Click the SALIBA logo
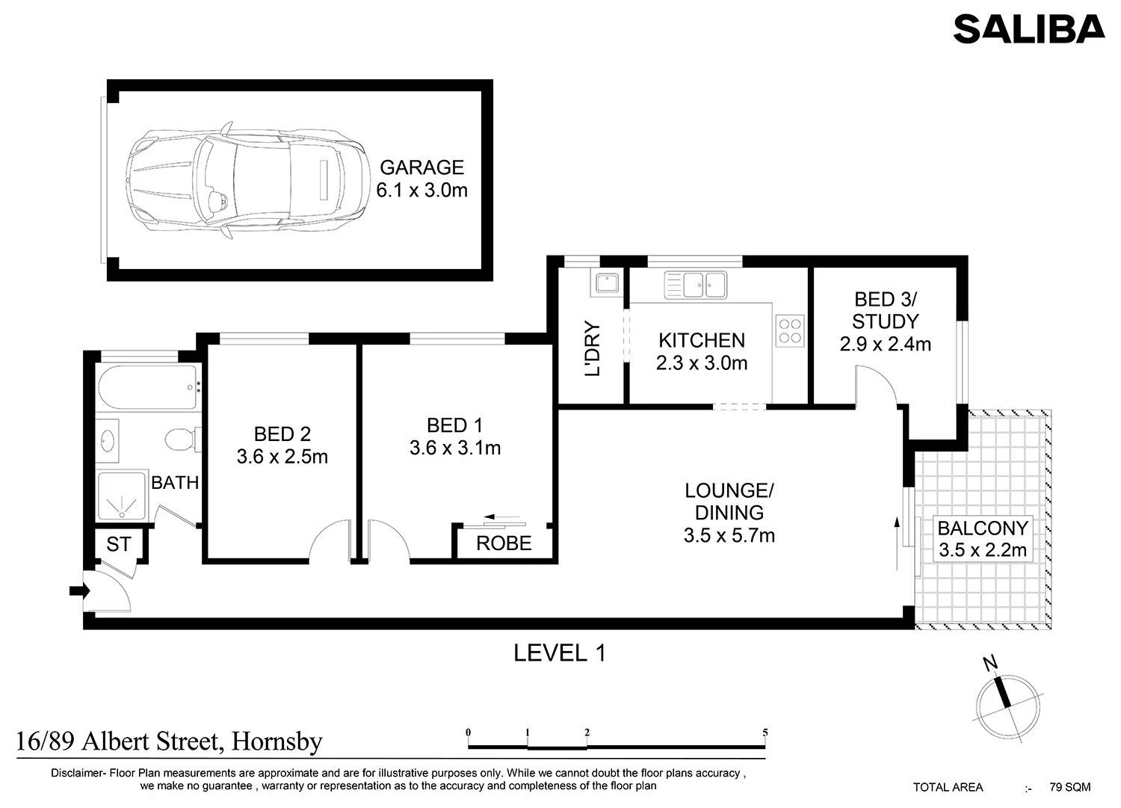[x=1029, y=29]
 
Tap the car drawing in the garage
[x=245, y=180]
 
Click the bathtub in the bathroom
[x=148, y=388]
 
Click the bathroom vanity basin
[x=108, y=441]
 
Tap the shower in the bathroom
[x=122, y=496]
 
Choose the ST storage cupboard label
[x=119, y=544]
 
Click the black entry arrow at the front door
[x=79, y=591]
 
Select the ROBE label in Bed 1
[x=504, y=543]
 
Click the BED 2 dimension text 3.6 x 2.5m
[x=282, y=457]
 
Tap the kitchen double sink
[x=696, y=286]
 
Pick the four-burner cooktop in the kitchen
[x=790, y=330]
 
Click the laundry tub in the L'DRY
[x=607, y=283]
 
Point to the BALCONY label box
[x=983, y=540]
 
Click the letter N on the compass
[x=990, y=663]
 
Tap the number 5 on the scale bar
[x=765, y=733]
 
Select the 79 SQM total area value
[x=1070, y=788]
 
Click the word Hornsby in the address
[x=277, y=743]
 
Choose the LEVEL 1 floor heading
[x=560, y=653]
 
